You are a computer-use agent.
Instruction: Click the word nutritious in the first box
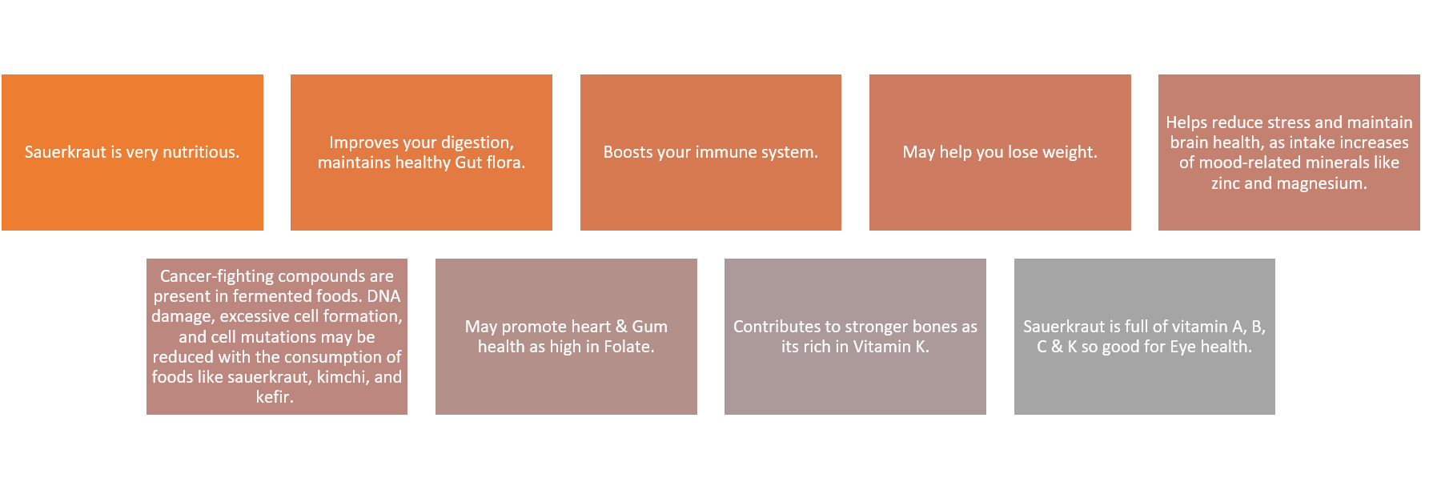(201, 152)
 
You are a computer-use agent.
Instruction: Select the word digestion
(479, 143)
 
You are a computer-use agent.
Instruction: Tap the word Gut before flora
(468, 163)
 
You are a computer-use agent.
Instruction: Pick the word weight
(1070, 152)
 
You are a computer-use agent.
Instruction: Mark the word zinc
(1225, 183)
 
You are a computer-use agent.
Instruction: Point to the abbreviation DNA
(383, 296)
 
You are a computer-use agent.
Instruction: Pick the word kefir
(275, 397)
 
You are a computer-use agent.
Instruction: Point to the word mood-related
(1249, 163)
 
